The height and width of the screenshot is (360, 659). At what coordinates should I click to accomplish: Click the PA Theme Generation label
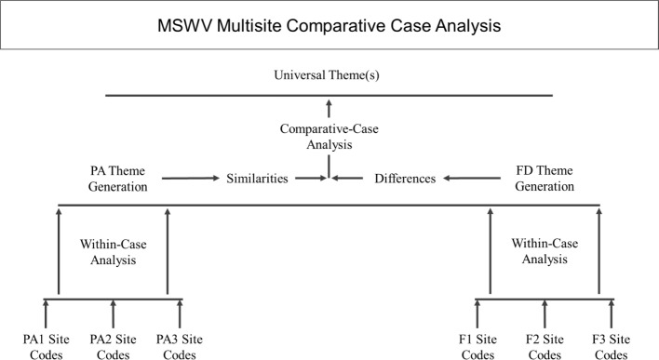coord(113,178)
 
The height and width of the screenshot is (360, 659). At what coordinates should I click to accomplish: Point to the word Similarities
coord(257,178)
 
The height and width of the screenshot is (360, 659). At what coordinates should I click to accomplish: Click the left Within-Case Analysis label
coord(113,252)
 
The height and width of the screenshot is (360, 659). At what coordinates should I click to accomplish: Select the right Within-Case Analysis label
coord(545,252)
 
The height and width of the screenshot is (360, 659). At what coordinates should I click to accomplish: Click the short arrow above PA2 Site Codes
coord(114,314)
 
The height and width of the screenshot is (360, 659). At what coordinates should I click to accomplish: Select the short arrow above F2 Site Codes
coord(545,314)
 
